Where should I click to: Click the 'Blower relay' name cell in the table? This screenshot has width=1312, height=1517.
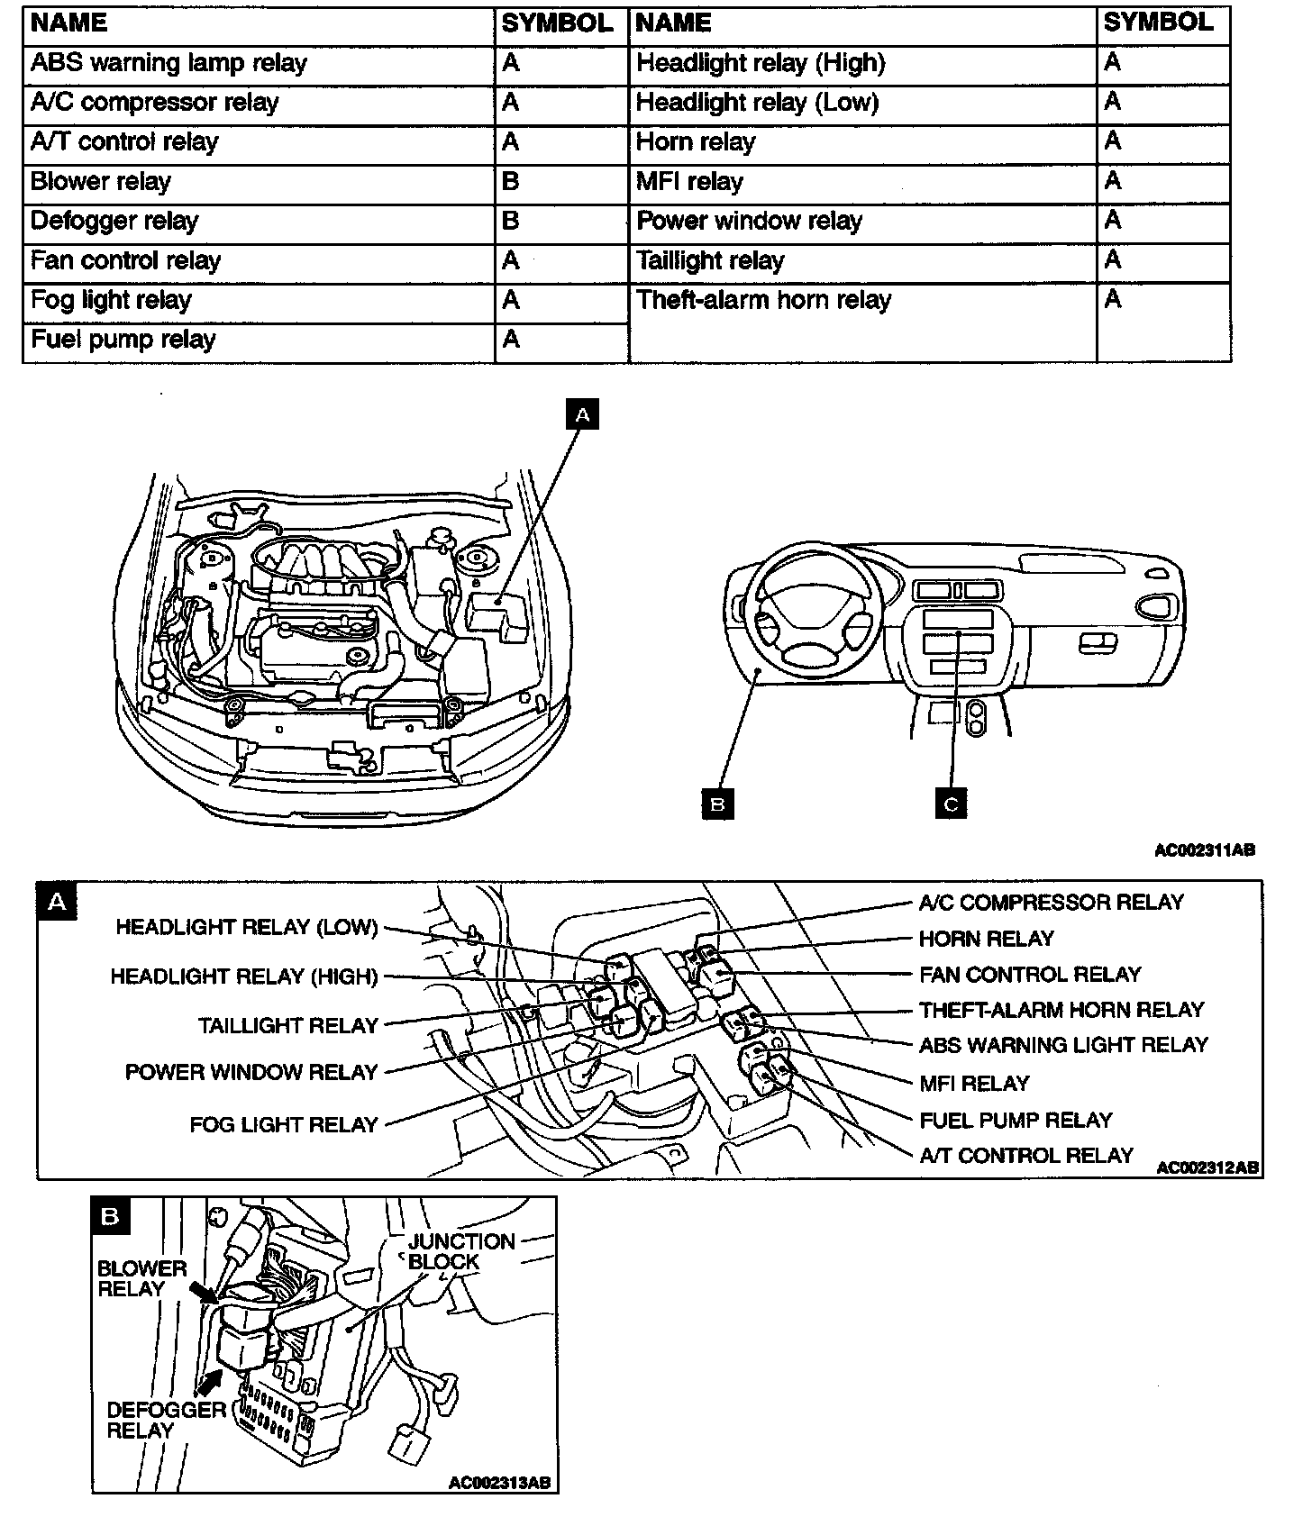(101, 182)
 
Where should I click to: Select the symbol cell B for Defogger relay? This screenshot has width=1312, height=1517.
(510, 222)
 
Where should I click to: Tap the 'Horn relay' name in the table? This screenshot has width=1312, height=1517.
(695, 142)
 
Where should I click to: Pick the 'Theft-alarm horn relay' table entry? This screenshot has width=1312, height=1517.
(763, 300)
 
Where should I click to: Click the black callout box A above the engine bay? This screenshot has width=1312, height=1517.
(582, 415)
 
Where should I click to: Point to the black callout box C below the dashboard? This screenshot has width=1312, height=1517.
(951, 803)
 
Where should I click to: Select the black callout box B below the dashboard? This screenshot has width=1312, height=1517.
(717, 803)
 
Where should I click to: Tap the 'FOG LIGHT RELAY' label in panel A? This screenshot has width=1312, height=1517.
(283, 1125)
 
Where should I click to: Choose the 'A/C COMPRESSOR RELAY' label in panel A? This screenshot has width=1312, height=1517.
(1051, 903)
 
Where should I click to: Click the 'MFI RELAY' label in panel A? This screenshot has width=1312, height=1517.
(974, 1084)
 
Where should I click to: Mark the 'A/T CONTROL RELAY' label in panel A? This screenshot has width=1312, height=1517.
(1026, 1156)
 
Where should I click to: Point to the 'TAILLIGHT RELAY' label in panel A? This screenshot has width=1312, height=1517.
(288, 1026)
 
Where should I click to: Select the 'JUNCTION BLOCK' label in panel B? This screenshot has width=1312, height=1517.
(460, 1251)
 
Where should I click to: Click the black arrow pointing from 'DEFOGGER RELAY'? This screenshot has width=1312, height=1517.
(210, 1379)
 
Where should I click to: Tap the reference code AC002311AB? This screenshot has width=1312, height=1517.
(1205, 849)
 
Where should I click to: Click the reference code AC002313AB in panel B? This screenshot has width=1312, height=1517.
(499, 1482)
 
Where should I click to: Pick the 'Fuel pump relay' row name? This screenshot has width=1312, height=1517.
(123, 340)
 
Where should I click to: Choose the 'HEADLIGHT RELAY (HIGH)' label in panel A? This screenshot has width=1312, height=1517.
(244, 977)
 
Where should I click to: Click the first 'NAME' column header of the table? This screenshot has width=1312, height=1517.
(69, 23)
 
